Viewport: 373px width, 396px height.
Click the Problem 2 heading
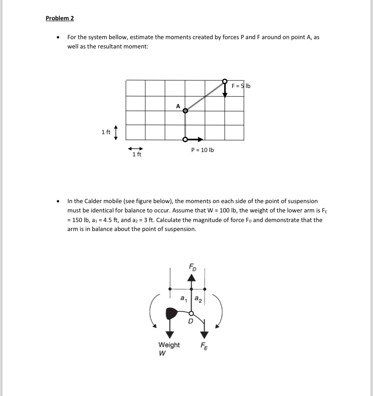[60, 18]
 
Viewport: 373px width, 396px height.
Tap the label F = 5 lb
[241, 86]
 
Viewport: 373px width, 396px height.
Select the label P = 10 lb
[203, 150]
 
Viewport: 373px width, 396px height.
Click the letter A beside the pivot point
[178, 106]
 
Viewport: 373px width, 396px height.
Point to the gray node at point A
[185, 111]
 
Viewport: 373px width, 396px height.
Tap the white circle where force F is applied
[225, 81]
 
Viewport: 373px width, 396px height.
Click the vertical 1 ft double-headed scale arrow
[116, 133]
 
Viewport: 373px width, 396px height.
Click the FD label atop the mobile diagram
[192, 267]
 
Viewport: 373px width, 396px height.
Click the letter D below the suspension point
[190, 321]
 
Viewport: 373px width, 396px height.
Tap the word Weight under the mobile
[169, 345]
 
